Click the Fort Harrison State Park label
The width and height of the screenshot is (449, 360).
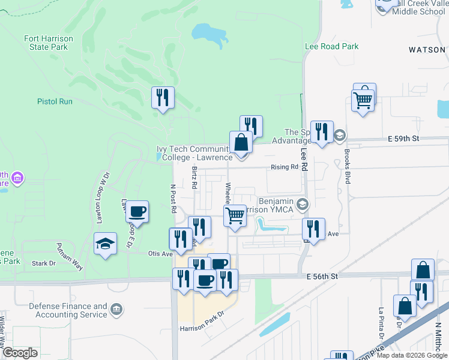coord(49,43)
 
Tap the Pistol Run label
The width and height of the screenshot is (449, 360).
coord(55,101)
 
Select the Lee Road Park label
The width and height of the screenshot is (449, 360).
coord(331,46)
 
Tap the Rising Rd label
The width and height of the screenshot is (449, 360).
coord(285,167)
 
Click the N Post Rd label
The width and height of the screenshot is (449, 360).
coord(172,199)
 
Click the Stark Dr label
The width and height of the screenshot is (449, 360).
coord(43,263)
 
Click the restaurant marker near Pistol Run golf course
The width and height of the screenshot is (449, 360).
coord(163,98)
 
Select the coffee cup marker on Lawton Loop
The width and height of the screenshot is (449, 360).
coord(137,212)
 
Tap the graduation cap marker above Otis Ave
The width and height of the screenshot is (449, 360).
coord(105,244)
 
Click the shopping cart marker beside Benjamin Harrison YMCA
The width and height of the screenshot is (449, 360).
coord(235,215)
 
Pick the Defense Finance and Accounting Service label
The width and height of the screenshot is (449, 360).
coord(68,310)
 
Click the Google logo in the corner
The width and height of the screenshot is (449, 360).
coord(20,353)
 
